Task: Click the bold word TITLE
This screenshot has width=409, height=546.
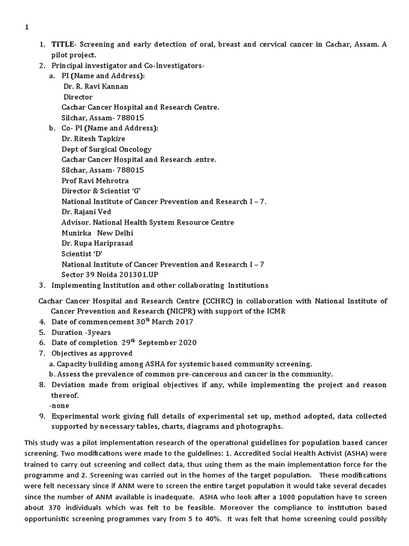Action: [63, 44]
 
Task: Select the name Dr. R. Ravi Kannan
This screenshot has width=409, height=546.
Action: [96, 86]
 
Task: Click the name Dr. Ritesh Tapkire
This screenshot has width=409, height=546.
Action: [93, 139]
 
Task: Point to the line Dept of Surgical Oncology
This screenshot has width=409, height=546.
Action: [107, 149]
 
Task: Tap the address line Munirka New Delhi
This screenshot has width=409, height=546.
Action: [97, 233]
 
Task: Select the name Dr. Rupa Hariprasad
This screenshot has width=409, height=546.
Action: [97, 243]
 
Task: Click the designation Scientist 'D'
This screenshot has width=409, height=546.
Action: [81, 254]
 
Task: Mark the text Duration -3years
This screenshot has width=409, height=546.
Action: [81, 332]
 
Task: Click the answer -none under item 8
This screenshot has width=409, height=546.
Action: [60, 405]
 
